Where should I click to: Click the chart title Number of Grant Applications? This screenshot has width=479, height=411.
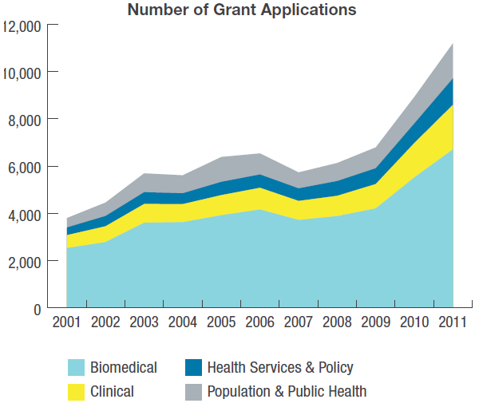241,10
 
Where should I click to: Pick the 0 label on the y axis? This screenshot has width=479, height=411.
37,309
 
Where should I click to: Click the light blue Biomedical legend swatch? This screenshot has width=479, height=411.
76,368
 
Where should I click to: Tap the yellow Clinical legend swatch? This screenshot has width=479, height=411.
76,392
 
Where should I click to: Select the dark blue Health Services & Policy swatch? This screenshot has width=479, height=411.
192,368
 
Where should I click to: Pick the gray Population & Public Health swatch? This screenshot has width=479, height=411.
192,392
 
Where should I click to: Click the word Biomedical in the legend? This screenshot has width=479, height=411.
124,368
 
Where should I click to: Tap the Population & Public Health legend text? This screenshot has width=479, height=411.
287,392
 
